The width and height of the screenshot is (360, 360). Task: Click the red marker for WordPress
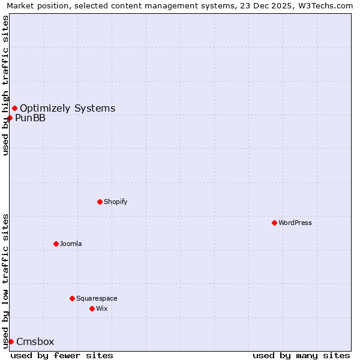coord(274,223)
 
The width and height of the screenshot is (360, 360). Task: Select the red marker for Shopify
coord(100,202)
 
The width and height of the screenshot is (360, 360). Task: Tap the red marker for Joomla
coord(56,244)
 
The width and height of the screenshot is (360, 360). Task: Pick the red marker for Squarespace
coord(72,298)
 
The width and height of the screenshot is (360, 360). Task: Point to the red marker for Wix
coord(92,308)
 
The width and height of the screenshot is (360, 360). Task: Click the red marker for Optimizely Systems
coord(14,108)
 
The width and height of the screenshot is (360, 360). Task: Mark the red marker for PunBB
coord(10,118)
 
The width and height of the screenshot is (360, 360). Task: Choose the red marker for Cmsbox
coord(11,341)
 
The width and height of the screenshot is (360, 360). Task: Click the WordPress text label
coord(295,223)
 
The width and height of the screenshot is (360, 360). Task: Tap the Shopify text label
coord(115,202)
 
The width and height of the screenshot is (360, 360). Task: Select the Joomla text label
coord(71,244)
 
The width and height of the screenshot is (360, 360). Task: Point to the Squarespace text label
coord(97,298)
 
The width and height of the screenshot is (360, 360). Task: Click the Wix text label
coord(101,308)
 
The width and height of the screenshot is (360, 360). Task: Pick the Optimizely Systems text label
coord(68,108)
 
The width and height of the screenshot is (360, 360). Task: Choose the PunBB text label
coord(30,118)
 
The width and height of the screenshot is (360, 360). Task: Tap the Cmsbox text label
coord(35,341)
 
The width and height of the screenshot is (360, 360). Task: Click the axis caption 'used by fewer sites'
coord(62,355)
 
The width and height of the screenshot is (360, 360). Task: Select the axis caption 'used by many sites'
coord(301,355)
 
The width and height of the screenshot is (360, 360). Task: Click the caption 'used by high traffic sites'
coord(6,85)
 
